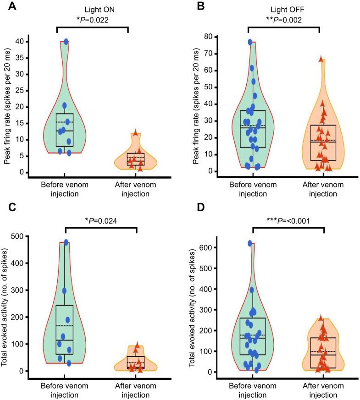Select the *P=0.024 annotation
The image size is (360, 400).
pyautogui.click(x=101, y=220)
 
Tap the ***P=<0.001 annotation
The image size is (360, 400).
pyautogui.click(x=288, y=220)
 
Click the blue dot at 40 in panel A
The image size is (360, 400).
pyautogui.click(x=66, y=42)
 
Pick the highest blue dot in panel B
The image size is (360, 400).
pyautogui.click(x=250, y=42)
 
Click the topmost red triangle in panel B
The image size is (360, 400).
pyautogui.click(x=321, y=59)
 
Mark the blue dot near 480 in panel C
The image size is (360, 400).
pyautogui.click(x=66, y=242)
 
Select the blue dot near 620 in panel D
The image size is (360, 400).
pyautogui.click(x=250, y=243)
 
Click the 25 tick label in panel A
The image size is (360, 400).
pyautogui.click(x=19, y=90)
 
